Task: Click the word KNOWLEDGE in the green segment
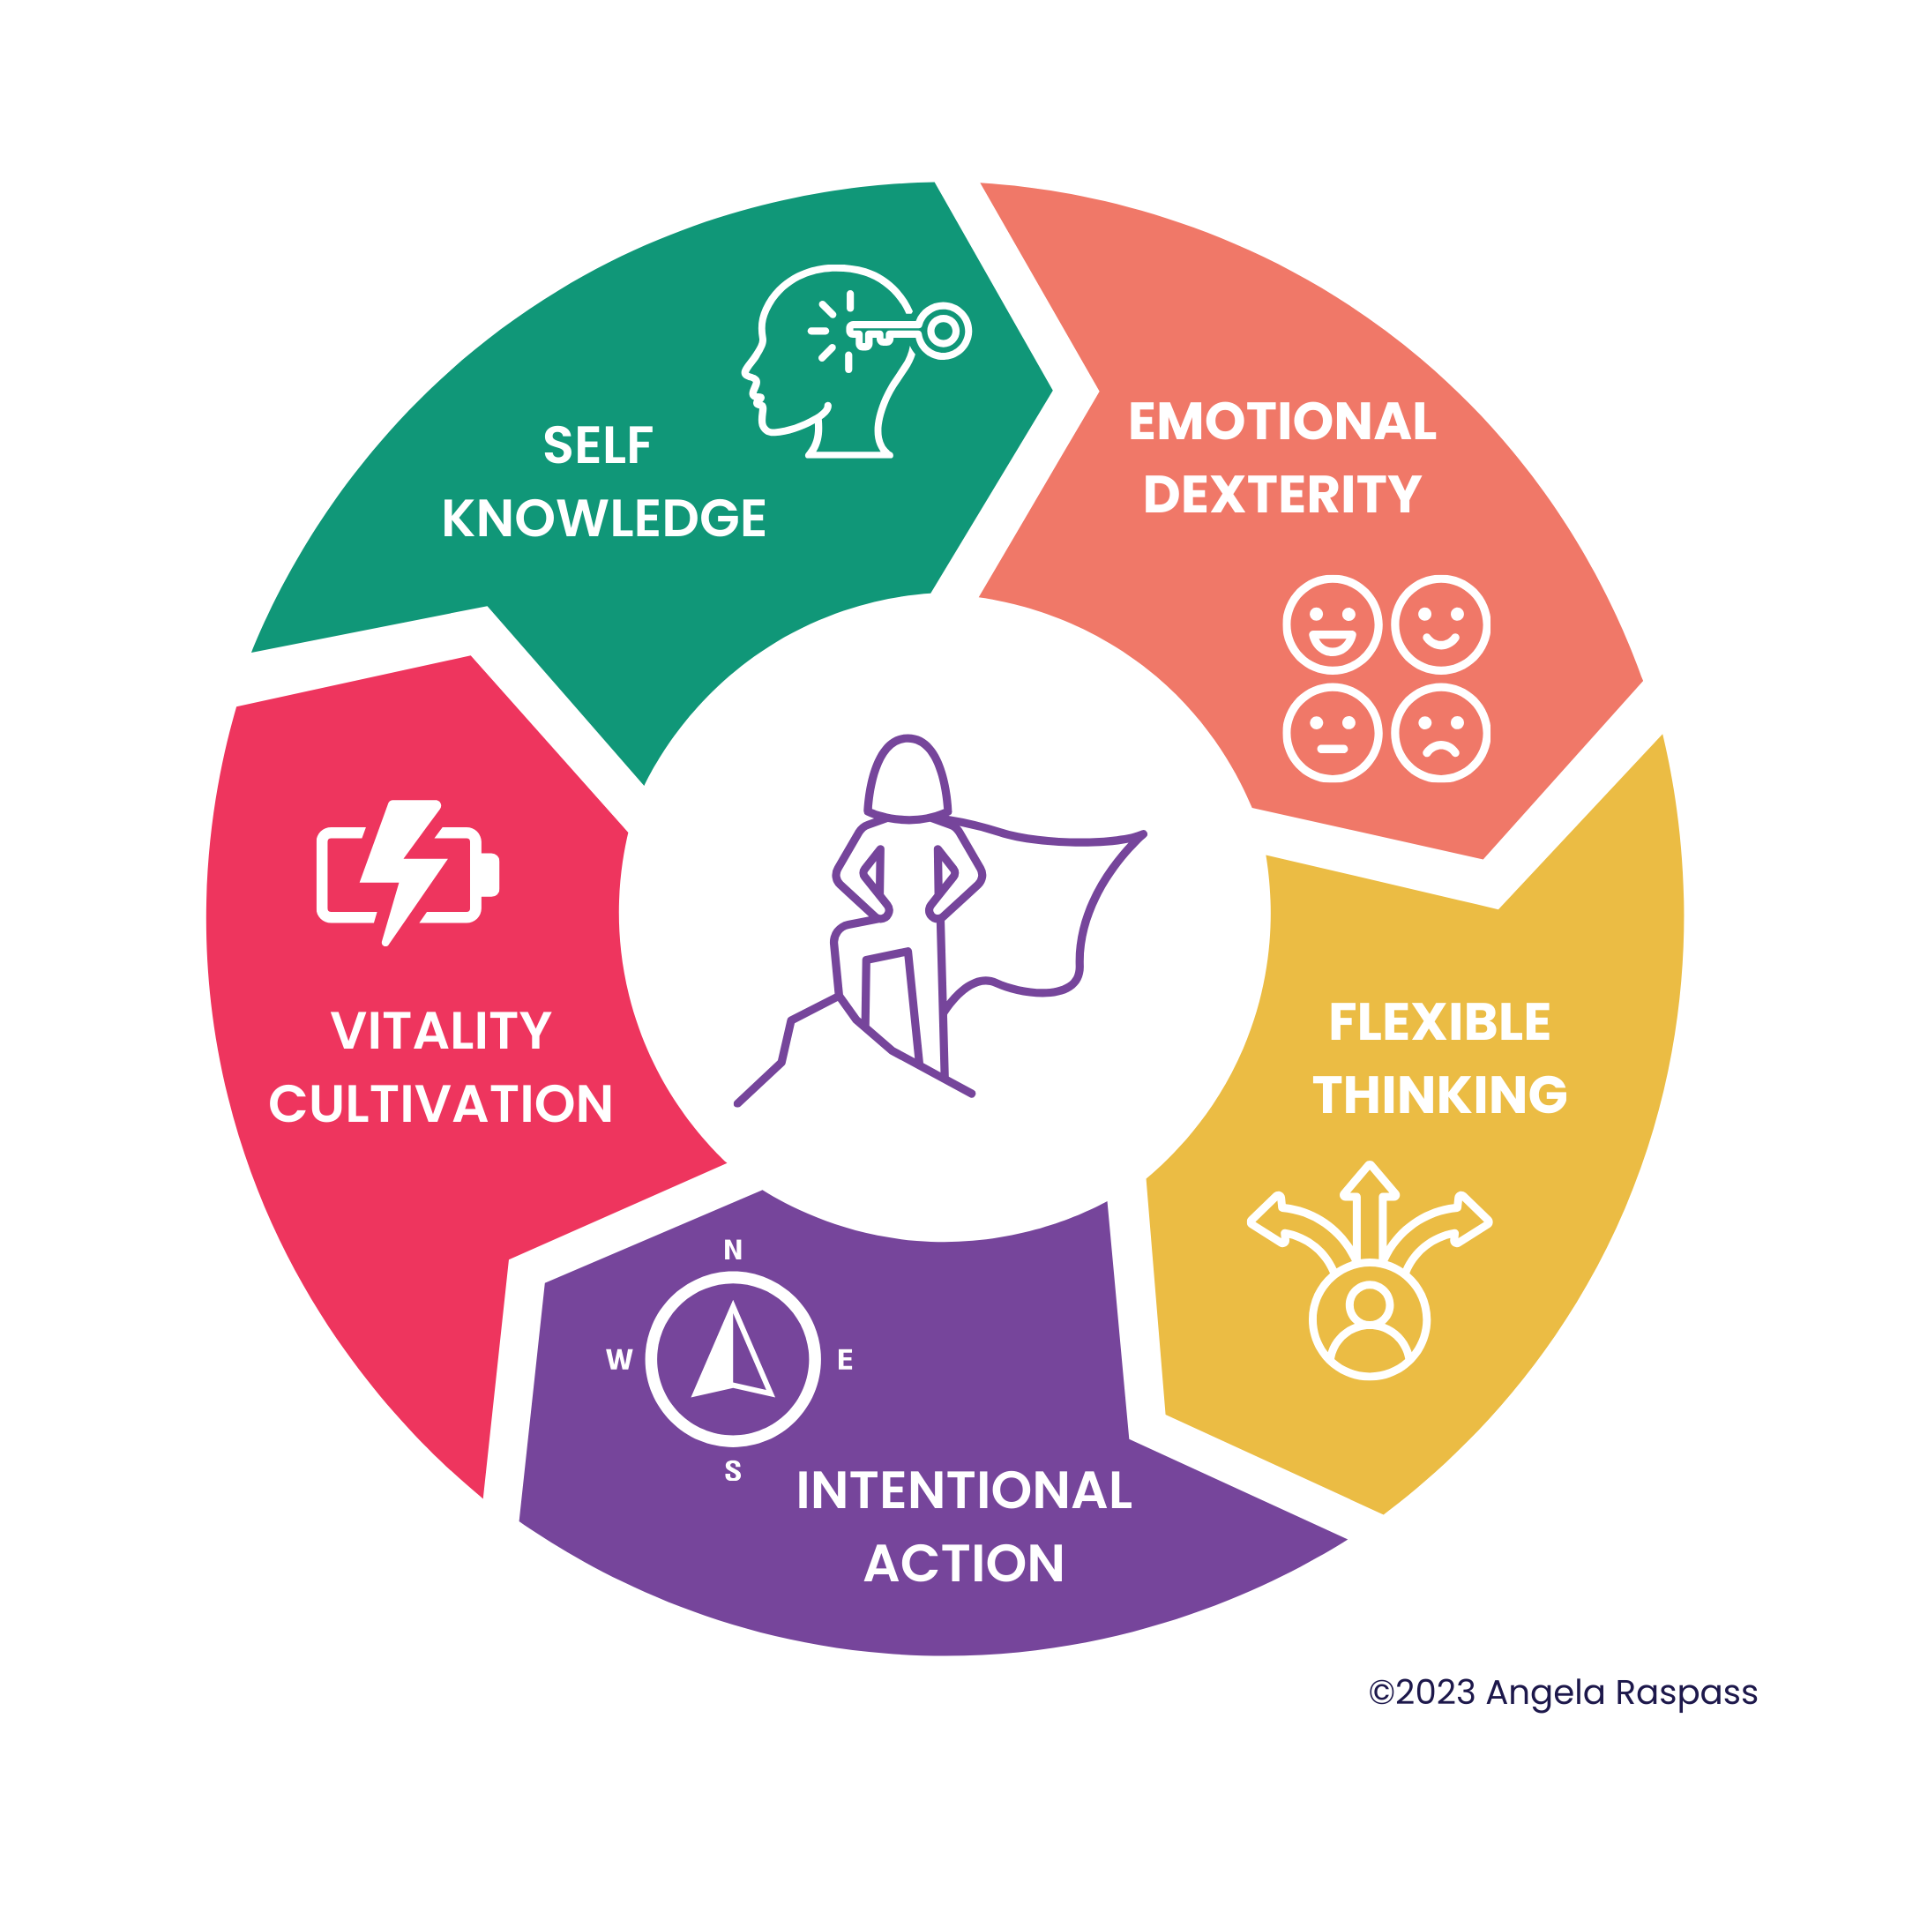(603, 519)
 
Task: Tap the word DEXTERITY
(1281, 495)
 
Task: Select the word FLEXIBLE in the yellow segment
(1439, 1022)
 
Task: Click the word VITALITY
(441, 1031)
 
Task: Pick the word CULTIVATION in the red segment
(441, 1104)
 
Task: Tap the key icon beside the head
(912, 332)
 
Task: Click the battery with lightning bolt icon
(407, 872)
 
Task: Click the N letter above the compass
(733, 1251)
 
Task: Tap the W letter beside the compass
(619, 1360)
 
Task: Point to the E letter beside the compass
(845, 1360)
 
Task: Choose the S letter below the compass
(733, 1471)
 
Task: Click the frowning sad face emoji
(1440, 734)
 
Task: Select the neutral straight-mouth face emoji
(1332, 734)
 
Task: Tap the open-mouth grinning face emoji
(1332, 625)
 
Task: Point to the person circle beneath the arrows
(1370, 1320)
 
